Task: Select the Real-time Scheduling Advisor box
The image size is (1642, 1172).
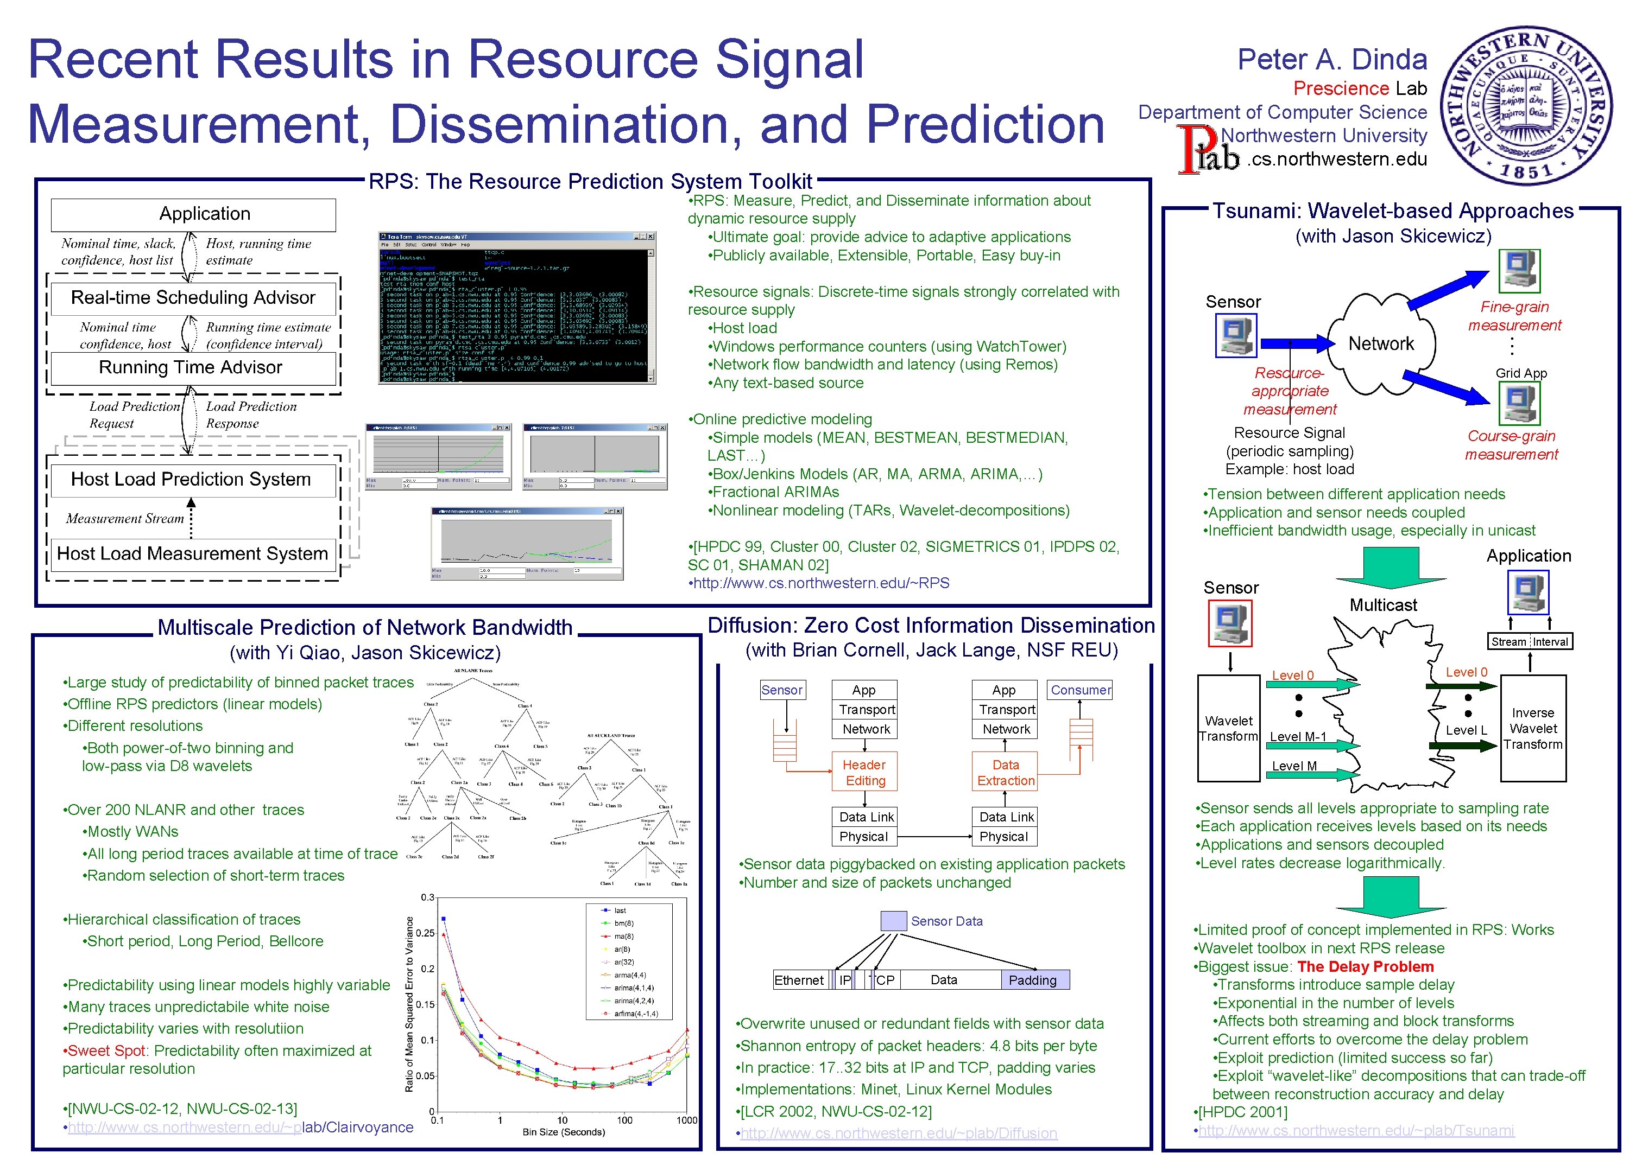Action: point(193,298)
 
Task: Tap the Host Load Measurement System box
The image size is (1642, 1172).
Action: point(192,554)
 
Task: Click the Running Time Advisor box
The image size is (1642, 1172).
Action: point(191,368)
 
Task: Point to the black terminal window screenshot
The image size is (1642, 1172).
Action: point(516,308)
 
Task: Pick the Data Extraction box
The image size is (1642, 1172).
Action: point(1005,772)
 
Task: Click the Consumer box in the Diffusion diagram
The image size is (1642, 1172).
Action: point(1079,690)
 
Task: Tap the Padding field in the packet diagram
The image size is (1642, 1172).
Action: point(1033,980)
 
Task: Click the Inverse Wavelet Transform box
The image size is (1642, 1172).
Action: point(1532,728)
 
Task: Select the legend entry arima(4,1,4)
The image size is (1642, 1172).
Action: point(633,988)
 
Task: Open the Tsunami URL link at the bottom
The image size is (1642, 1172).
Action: point(1355,1130)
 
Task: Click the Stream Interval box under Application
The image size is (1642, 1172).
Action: point(1530,641)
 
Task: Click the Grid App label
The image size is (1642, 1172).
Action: point(1521,373)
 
